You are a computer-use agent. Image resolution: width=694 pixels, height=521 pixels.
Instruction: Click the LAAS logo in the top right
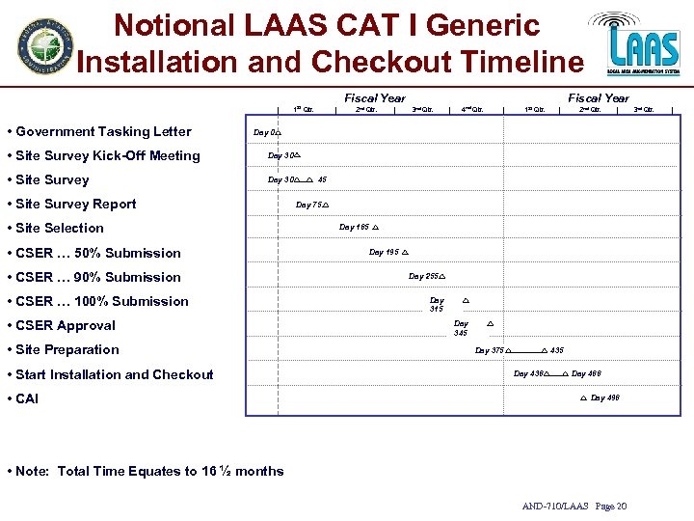tap(640, 43)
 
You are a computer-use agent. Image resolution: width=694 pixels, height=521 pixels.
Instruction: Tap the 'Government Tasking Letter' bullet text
tap(103, 132)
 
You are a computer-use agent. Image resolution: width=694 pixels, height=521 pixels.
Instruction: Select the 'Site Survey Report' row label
tap(76, 205)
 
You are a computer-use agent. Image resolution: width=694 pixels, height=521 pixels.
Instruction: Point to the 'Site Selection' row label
tap(60, 229)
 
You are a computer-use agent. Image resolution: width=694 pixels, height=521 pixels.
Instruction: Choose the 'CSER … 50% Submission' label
tap(98, 254)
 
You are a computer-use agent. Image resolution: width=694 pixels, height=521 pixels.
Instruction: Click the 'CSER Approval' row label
tap(66, 326)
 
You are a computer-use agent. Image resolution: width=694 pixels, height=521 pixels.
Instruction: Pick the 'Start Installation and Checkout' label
tap(115, 375)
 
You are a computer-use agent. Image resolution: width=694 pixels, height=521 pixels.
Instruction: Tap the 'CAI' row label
tap(27, 399)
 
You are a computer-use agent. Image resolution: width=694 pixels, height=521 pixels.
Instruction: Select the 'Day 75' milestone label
tap(307, 205)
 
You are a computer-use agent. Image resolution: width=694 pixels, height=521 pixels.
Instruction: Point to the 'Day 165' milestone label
tap(354, 228)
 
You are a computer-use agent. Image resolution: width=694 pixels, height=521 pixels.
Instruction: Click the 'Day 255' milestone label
tap(423, 277)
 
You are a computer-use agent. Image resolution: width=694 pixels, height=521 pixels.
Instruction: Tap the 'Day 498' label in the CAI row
tap(604, 398)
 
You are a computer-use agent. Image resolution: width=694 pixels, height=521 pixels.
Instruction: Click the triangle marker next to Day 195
tap(405, 253)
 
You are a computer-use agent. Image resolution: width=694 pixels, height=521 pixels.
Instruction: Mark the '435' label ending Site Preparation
tap(557, 350)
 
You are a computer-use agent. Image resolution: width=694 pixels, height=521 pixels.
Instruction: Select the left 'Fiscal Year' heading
tap(375, 97)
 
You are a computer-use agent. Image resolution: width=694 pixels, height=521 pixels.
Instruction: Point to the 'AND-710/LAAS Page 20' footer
tap(574, 507)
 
